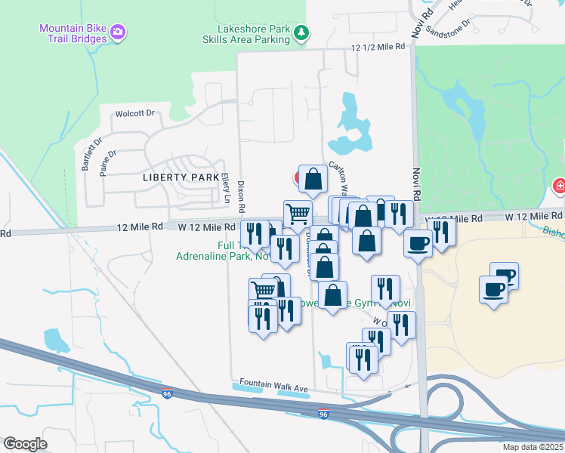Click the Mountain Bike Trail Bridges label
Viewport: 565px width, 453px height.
[x=72, y=33]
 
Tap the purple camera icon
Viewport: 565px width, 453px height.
[x=118, y=32]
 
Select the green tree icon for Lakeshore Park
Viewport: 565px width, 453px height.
[x=301, y=32]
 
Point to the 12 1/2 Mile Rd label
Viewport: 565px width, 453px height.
[x=378, y=47]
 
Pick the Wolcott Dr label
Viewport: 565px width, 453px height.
[x=134, y=114]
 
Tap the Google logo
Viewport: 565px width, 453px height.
[x=25, y=444]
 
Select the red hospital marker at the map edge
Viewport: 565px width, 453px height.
[x=560, y=186]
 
